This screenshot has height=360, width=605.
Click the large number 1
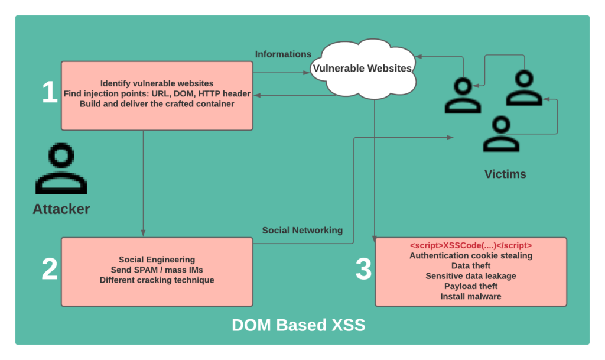pos(50,93)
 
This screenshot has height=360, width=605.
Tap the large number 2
pos(50,269)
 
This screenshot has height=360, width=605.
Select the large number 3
pos(363,269)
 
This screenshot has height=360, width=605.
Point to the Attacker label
pos(61,209)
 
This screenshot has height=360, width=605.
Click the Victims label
pos(505,174)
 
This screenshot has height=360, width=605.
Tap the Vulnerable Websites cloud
pos(362,68)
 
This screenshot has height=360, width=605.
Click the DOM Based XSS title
pos(298,325)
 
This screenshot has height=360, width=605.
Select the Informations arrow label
pos(283,54)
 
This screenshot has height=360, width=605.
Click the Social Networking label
pos(302,230)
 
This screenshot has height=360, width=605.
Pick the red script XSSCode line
pos(471,245)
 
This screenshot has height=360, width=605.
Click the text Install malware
pos(471,296)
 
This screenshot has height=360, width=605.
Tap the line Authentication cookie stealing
pos(471,256)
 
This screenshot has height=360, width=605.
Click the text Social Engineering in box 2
pos(157,260)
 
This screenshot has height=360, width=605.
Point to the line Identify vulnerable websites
pos(157,83)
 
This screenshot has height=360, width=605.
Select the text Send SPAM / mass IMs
pos(157,270)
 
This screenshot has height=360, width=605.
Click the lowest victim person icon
pos(501,134)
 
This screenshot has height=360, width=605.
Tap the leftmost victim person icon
pos(463,96)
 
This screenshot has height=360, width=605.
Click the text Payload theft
pos(471,286)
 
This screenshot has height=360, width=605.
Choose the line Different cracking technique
pos(157,280)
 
